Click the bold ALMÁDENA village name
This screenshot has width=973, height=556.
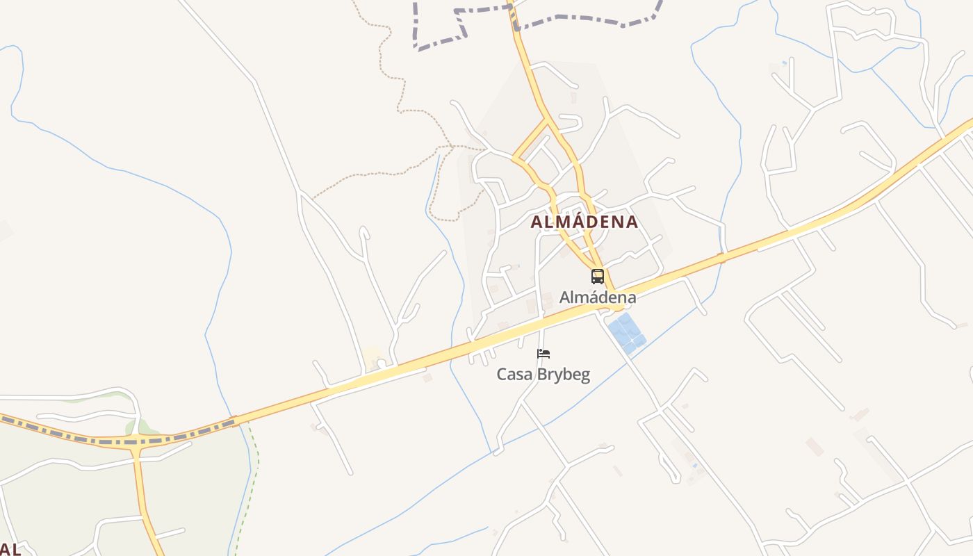coord(584,222)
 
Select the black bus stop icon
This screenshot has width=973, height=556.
coord(598,277)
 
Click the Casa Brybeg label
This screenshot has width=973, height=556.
coord(543,375)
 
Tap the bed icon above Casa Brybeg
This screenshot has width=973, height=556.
coord(543,354)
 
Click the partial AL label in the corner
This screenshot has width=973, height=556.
coord(10,548)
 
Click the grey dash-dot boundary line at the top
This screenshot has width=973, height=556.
coord(584,19)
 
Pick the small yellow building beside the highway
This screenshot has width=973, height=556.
coord(372,357)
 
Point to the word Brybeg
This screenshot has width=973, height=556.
coord(561,375)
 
